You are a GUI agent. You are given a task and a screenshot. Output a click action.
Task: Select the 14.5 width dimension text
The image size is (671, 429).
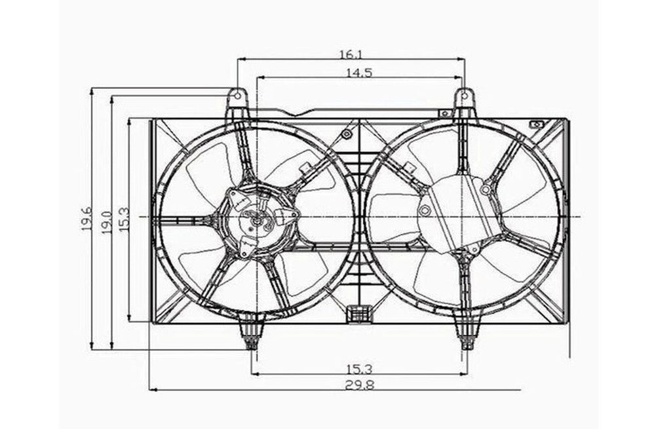[x=358, y=73]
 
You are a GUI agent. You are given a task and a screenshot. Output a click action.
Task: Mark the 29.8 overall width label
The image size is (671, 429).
[x=359, y=385]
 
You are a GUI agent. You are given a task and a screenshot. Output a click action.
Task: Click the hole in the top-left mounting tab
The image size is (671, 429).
[x=237, y=97]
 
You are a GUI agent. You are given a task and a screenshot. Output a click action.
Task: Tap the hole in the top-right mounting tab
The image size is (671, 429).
[x=465, y=97]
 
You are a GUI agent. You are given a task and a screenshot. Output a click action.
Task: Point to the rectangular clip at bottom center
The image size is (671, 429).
[x=358, y=314]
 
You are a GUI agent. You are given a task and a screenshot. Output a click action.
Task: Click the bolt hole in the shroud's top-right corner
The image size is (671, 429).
[x=537, y=124]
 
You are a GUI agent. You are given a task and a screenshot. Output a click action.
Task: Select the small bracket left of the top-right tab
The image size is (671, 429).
[x=445, y=113]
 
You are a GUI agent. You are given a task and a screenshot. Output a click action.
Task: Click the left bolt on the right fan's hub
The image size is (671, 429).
[x=425, y=211]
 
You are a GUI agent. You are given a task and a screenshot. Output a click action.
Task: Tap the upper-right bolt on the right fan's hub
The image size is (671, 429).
[x=485, y=190]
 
